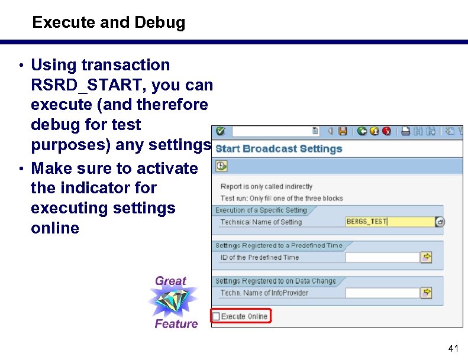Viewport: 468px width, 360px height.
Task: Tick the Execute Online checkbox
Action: [x=216, y=316]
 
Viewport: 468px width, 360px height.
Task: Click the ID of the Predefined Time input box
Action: [x=381, y=257]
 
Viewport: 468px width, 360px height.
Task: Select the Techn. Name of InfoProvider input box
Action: [x=381, y=293]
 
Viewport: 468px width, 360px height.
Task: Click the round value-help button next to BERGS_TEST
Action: [x=440, y=222]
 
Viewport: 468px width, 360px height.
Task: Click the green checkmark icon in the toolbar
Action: [x=220, y=131]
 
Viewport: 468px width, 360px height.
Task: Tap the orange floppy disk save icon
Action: [x=343, y=131]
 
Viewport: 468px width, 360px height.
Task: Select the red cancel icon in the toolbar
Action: [x=386, y=131]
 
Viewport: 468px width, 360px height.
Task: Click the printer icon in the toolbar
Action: [x=406, y=131]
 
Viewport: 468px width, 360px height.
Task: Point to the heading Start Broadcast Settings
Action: [x=279, y=148]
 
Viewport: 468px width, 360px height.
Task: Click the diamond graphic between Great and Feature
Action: [x=173, y=302]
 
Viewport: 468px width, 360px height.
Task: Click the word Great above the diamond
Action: [x=170, y=281]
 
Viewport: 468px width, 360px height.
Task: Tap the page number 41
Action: [x=453, y=348]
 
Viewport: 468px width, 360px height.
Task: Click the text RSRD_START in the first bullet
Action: [x=88, y=85]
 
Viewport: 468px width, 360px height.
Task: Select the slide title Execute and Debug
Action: [x=109, y=22]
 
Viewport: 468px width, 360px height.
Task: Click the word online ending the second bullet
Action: [x=55, y=228]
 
